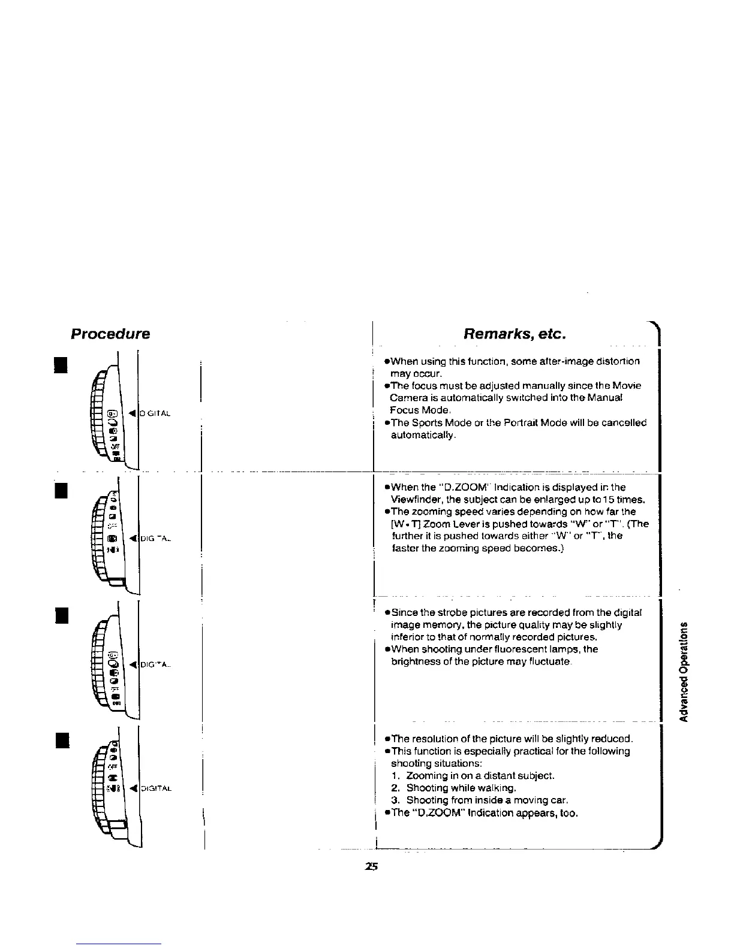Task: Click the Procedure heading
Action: pos(110,334)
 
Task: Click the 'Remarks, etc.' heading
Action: pos(515,334)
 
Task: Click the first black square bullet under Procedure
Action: pos(60,364)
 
